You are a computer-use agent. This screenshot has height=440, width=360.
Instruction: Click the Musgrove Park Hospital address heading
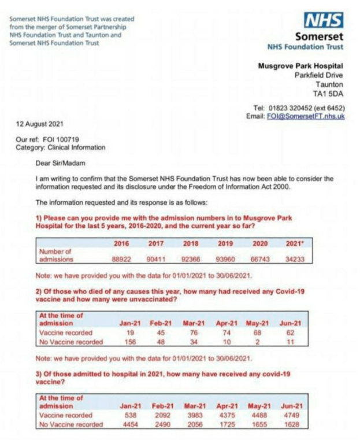pyautogui.click(x=300, y=66)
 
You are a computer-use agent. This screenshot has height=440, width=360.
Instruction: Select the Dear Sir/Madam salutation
pyautogui.click(x=58, y=163)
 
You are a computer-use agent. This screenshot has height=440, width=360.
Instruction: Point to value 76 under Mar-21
pyautogui.click(x=194, y=333)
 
